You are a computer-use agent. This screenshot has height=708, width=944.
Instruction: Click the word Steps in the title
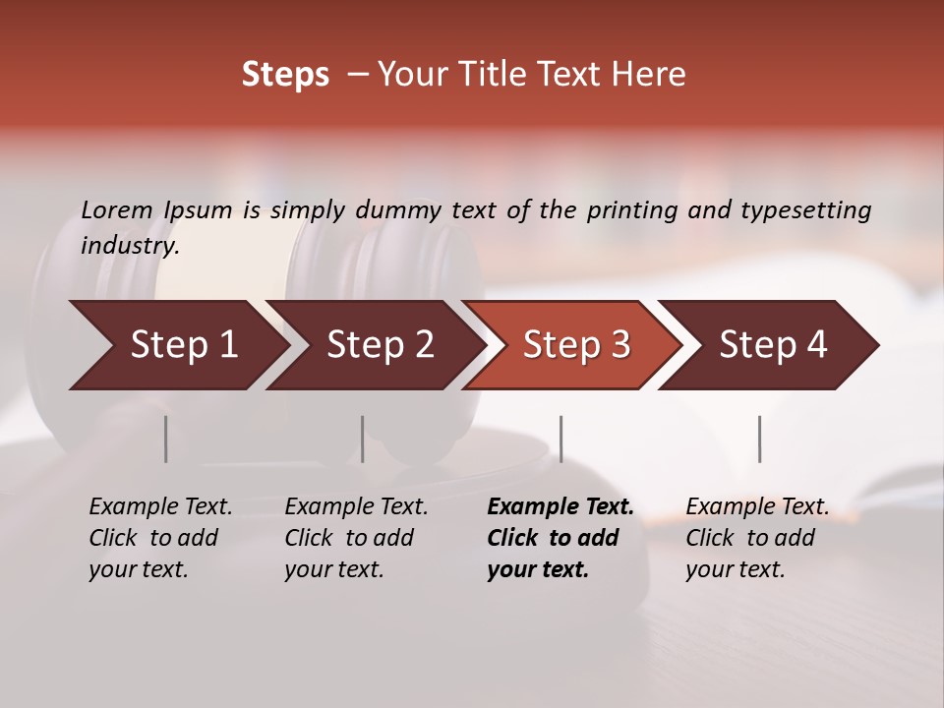(285, 75)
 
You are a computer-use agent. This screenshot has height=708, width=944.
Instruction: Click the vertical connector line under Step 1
(166, 439)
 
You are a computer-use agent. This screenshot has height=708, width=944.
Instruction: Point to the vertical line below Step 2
(363, 439)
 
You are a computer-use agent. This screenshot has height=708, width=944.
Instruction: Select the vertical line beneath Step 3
(560, 439)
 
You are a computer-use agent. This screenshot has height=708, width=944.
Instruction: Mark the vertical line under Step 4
(759, 439)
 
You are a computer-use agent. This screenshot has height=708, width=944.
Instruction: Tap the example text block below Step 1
(160, 538)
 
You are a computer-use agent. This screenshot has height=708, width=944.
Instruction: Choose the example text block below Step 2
(356, 538)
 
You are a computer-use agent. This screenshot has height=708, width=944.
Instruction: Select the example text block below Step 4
(757, 538)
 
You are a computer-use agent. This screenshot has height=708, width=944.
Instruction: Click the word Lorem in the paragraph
(117, 209)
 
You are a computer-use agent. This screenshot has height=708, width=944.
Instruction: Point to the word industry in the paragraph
(130, 245)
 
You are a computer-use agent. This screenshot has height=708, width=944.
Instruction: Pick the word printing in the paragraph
(632, 209)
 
